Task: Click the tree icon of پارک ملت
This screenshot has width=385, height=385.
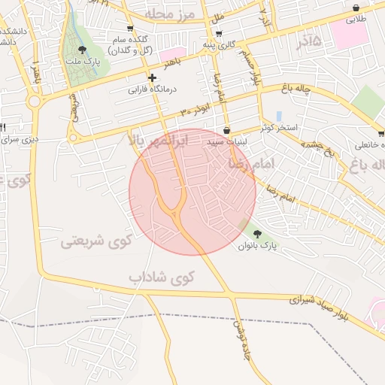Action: [x=82, y=50]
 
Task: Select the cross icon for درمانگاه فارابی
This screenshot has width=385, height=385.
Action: [x=152, y=77]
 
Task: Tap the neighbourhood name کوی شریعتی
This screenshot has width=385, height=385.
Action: [x=96, y=241]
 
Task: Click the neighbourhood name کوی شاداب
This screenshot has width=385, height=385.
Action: [x=161, y=277]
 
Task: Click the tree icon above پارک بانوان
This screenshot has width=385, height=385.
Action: [x=259, y=233]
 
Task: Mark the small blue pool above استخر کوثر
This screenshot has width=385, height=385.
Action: [x=279, y=117]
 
